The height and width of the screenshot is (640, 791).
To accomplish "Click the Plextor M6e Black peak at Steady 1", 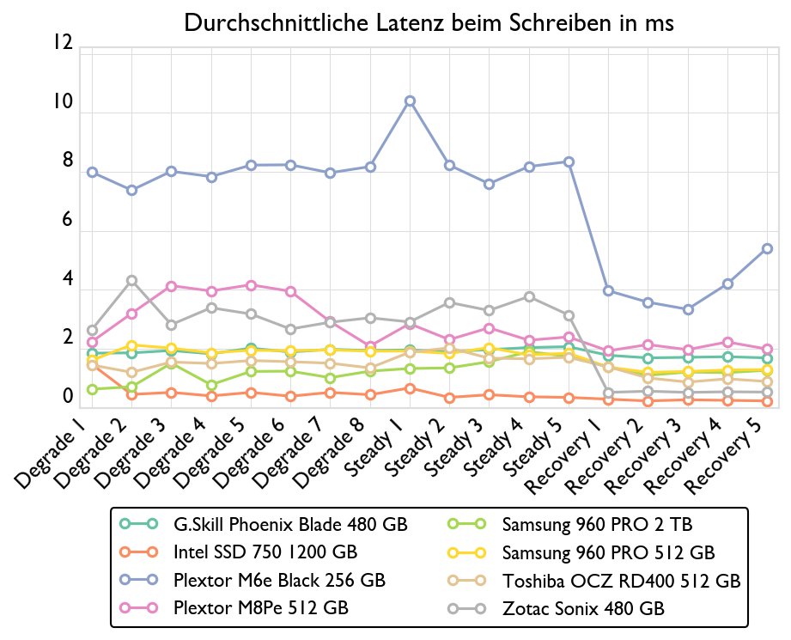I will (x=411, y=101).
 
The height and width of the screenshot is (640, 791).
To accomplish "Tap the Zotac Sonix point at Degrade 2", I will (x=132, y=280).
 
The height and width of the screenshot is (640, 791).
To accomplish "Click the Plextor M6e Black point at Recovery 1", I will (x=608, y=290).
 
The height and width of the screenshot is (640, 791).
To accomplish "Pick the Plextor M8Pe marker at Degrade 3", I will (x=172, y=286).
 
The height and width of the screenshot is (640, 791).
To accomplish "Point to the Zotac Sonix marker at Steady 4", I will (x=529, y=297).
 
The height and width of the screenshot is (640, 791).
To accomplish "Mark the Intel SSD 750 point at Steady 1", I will (x=411, y=388).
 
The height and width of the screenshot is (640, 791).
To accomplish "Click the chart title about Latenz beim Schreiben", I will (x=429, y=24).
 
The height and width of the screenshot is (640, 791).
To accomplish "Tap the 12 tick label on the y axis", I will (x=61, y=42).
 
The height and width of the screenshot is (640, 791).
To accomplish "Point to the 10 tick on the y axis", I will (x=61, y=101).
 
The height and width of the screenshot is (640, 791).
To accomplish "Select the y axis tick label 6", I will (x=66, y=220).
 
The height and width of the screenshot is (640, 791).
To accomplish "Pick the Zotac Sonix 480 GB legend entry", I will (x=583, y=608).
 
